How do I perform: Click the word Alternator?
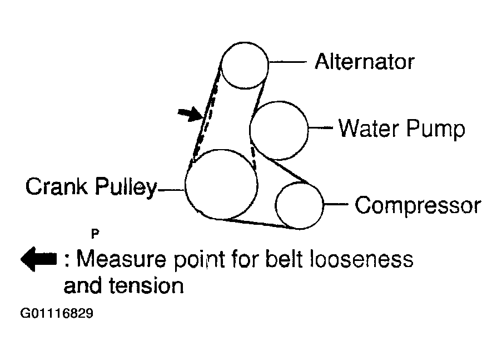point(365,61)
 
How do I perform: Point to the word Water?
point(369,128)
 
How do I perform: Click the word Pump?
point(436,130)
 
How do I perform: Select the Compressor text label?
point(418,205)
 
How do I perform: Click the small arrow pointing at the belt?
point(190,114)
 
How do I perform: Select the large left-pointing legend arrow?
point(39,259)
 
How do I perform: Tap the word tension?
point(146,285)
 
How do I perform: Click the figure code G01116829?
point(57,313)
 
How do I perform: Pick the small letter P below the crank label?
point(95,234)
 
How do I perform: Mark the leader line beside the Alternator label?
point(288,62)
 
